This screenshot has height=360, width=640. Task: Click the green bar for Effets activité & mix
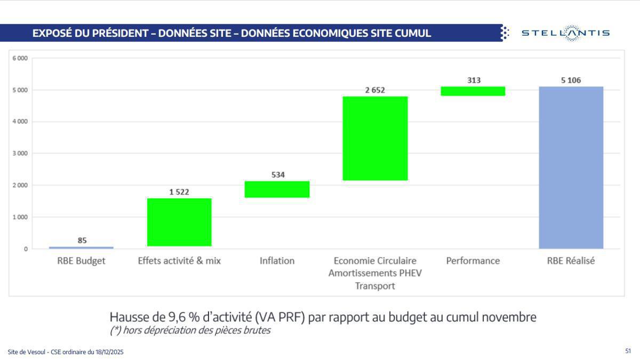(179, 222)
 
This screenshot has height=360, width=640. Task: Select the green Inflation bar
(277, 189)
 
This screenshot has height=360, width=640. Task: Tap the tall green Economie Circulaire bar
(375, 138)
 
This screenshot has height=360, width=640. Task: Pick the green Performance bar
(473, 91)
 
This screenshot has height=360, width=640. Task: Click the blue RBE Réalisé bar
(571, 167)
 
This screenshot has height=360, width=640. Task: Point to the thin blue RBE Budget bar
(81, 247)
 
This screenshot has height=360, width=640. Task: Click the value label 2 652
(375, 90)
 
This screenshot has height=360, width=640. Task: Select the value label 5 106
(571, 81)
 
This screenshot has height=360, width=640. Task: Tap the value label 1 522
(179, 192)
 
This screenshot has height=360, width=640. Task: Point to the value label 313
(474, 81)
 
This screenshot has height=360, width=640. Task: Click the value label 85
(82, 241)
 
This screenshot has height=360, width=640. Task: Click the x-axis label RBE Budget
(82, 261)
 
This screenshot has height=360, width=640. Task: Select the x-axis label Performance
(473, 261)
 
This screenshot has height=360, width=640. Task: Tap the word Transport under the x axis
(375, 286)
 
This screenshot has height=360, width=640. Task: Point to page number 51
(628, 351)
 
